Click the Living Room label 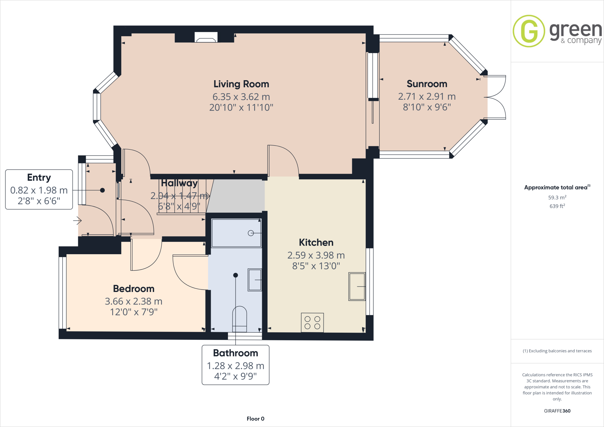click(241, 84)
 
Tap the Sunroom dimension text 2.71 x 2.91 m click(427, 96)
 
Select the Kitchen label click(316, 242)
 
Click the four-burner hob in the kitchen click(312, 323)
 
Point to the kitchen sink click(357, 286)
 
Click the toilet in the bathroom click(239, 319)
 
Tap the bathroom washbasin click(255, 280)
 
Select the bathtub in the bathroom click(236, 233)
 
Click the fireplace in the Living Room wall click(206, 37)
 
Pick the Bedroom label click(134, 288)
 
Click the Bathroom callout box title click(235, 353)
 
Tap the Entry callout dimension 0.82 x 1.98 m click(39, 190)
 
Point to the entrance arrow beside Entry click(77, 220)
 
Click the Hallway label click(179, 183)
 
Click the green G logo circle click(529, 31)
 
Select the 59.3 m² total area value click(557, 198)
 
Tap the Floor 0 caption click(255, 419)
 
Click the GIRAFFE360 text click(557, 411)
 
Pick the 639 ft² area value click(557, 206)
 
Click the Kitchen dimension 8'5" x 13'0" click(316, 266)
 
